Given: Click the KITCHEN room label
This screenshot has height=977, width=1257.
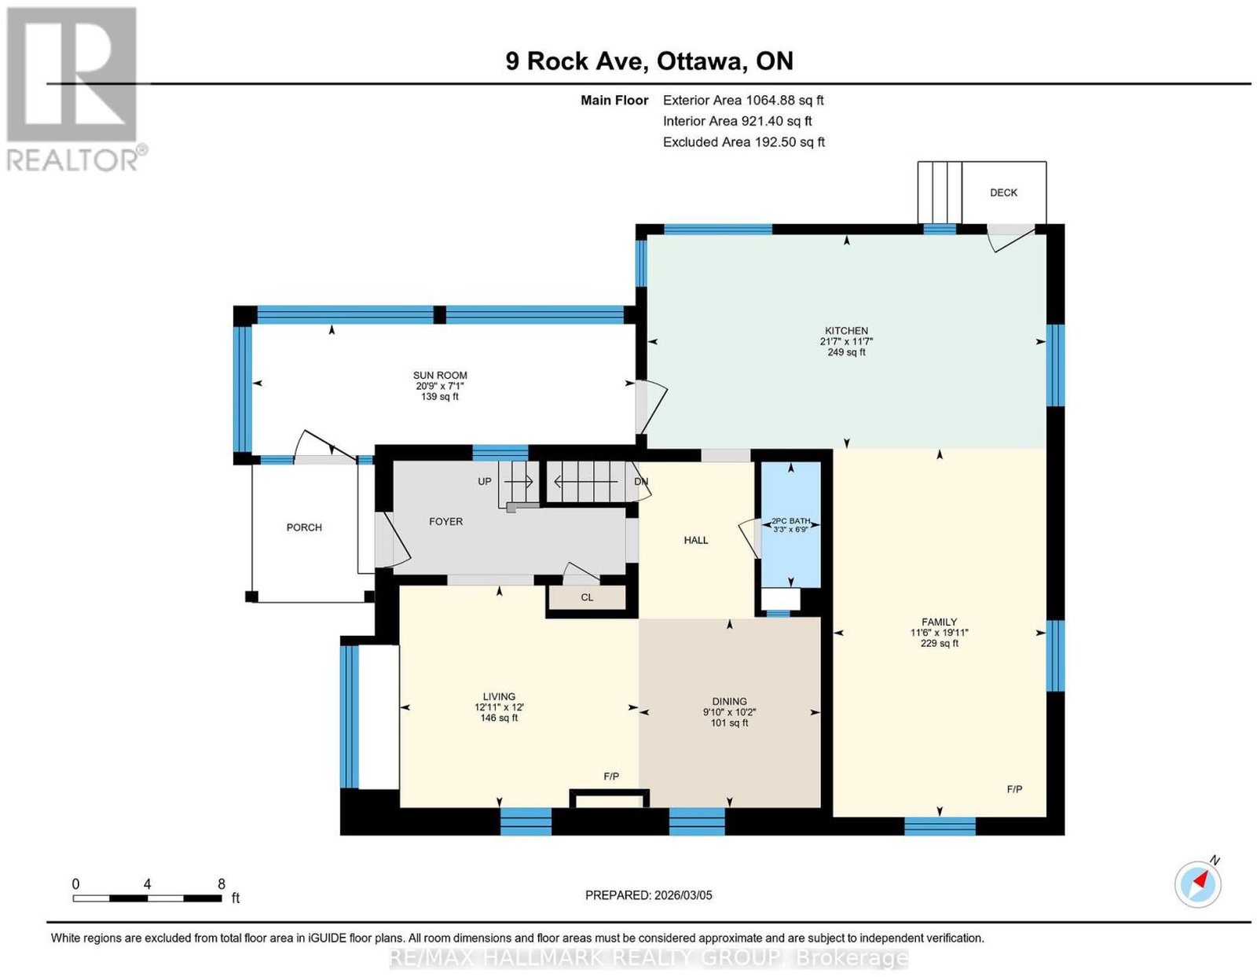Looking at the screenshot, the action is tap(845, 331).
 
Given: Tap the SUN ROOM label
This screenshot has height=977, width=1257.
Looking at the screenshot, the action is tap(440, 376).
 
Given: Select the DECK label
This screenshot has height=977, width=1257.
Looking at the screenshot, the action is tap(1003, 193).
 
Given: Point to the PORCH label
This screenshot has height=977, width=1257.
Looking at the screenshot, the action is tap(304, 527).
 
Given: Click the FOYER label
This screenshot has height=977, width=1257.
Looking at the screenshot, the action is tap(445, 522).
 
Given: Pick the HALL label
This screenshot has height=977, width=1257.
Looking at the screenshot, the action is tap(696, 540).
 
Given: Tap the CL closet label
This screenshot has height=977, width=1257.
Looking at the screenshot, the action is tap(587, 597).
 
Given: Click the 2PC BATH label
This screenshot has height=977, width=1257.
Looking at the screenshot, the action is tap(791, 520).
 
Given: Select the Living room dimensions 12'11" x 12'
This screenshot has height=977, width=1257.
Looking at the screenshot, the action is tap(499, 707).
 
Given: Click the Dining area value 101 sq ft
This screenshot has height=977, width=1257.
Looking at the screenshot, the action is tap(729, 723).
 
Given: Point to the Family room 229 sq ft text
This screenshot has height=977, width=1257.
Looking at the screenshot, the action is tap(940, 643).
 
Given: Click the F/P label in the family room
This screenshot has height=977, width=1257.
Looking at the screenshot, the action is tap(1014, 790).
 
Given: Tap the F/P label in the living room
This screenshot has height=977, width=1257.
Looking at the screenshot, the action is tap(611, 777).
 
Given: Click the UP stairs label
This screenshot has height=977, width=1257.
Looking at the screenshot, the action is tap(485, 482).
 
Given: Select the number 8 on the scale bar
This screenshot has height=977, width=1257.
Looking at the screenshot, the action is tap(222, 884).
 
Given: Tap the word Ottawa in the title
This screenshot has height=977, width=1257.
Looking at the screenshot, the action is tap(699, 61).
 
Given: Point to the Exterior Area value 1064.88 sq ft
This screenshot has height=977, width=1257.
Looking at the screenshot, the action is tap(784, 100).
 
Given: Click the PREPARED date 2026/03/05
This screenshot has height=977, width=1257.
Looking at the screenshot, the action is tap(683, 895).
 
